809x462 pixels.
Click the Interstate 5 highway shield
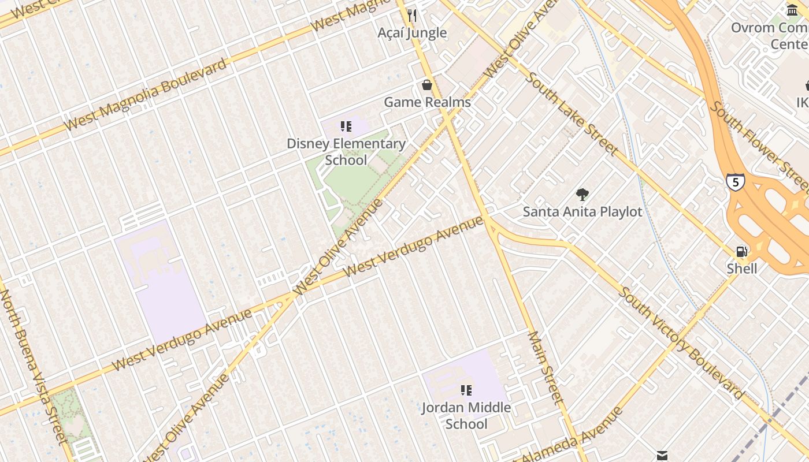click(735, 182)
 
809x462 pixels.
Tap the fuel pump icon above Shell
click(741, 252)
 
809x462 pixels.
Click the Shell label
click(742, 269)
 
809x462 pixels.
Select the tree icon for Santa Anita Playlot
click(582, 195)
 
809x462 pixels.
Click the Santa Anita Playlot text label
click(582, 212)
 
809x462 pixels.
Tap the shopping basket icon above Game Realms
click(427, 85)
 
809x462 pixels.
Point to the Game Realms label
click(427, 102)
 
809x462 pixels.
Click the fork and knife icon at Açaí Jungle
click(412, 16)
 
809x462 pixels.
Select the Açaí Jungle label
click(412, 33)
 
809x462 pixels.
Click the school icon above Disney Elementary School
click(346, 126)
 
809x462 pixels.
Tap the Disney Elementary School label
click(346, 151)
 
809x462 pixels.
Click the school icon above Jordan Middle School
click(466, 390)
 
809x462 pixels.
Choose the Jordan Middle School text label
click(466, 415)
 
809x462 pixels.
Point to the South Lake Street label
click(572, 114)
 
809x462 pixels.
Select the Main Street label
click(545, 367)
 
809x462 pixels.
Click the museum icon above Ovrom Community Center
click(792, 10)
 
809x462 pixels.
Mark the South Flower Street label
click(760, 147)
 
